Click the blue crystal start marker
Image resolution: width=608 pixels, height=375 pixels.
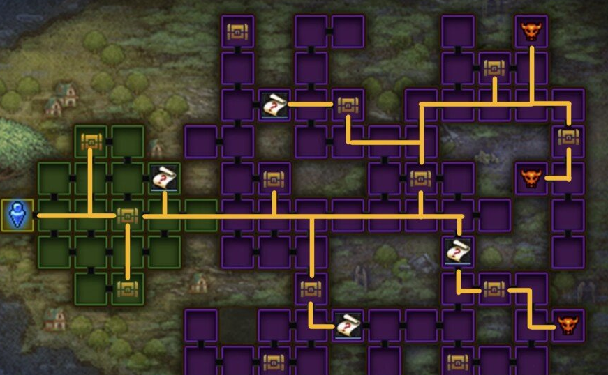click(x=17, y=215)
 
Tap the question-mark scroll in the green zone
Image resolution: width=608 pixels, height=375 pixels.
click(x=164, y=179)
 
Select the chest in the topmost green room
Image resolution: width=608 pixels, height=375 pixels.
click(x=91, y=142)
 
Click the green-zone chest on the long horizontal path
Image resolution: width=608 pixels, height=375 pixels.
click(x=126, y=215)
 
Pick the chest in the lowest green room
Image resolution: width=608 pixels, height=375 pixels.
click(x=128, y=289)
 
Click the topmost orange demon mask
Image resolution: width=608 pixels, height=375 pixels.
click(x=531, y=31)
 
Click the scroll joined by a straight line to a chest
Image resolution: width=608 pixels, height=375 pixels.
click(x=274, y=105)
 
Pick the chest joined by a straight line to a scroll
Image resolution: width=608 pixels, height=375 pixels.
click(x=347, y=105)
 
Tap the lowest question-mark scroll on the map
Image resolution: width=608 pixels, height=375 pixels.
click(x=347, y=325)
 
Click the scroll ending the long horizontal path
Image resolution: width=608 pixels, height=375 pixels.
click(x=458, y=251)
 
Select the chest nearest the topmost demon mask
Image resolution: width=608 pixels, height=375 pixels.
click(x=494, y=68)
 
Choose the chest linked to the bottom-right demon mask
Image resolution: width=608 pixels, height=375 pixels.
click(x=494, y=288)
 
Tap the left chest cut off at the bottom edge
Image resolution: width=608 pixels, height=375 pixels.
click(x=274, y=362)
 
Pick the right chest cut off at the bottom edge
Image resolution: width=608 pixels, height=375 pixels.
click(x=458, y=362)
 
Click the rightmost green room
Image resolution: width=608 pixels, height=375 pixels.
click(x=201, y=215)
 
